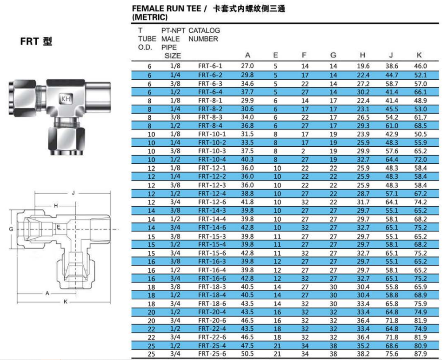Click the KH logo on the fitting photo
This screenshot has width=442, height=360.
(x=66, y=99)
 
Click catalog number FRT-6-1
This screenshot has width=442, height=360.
(x=210, y=66)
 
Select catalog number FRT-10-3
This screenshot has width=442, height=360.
(x=212, y=151)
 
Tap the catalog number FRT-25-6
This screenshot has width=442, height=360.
(x=212, y=354)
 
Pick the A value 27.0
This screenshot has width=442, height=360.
(x=247, y=66)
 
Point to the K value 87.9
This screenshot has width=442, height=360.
(x=421, y=354)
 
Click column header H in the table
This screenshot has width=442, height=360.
(x=363, y=55)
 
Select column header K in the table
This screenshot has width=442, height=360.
(x=419, y=55)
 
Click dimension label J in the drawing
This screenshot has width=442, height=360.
(x=73, y=193)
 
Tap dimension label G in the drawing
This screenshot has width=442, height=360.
(x=11, y=229)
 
